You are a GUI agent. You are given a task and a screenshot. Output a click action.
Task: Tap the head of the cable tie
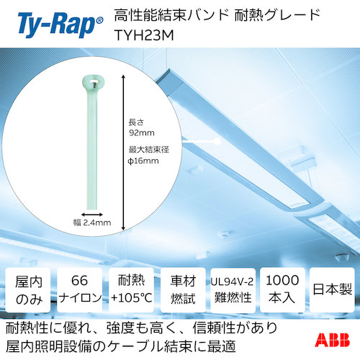coord(94,85)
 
